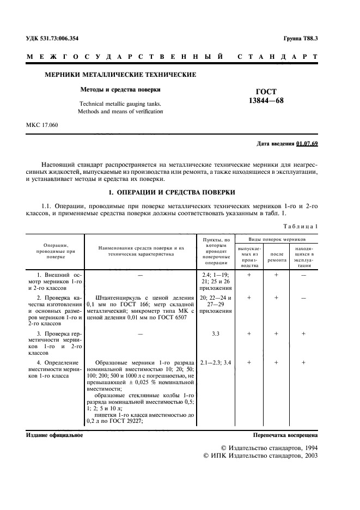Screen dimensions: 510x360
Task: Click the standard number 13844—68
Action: (x=266, y=101)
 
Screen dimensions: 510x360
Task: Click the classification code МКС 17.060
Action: (x=42, y=125)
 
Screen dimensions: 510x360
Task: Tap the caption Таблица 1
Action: (x=301, y=226)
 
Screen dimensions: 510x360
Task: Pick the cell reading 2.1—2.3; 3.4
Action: (x=216, y=362)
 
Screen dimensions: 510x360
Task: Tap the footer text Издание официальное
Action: (x=54, y=435)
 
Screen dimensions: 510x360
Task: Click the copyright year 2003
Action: (x=309, y=456)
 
